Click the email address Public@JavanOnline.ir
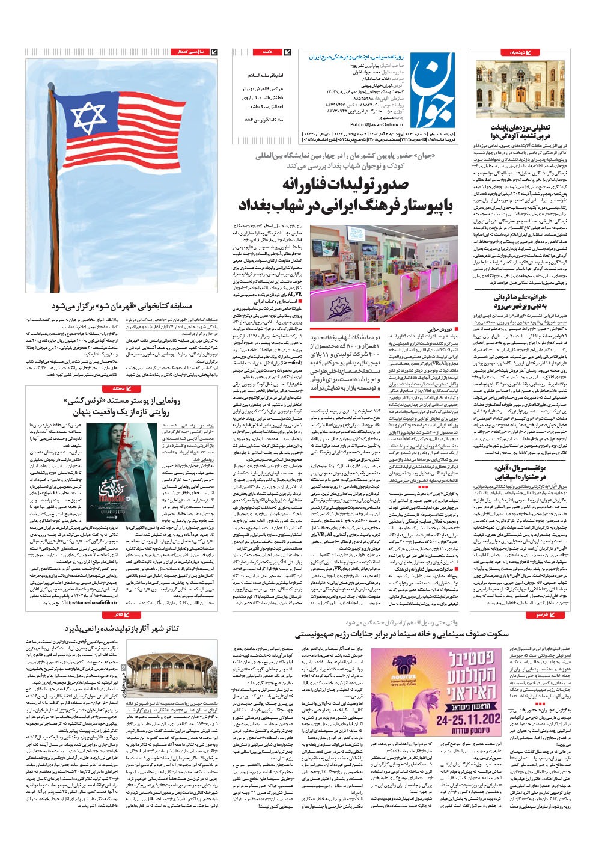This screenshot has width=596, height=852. pos(353,124)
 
